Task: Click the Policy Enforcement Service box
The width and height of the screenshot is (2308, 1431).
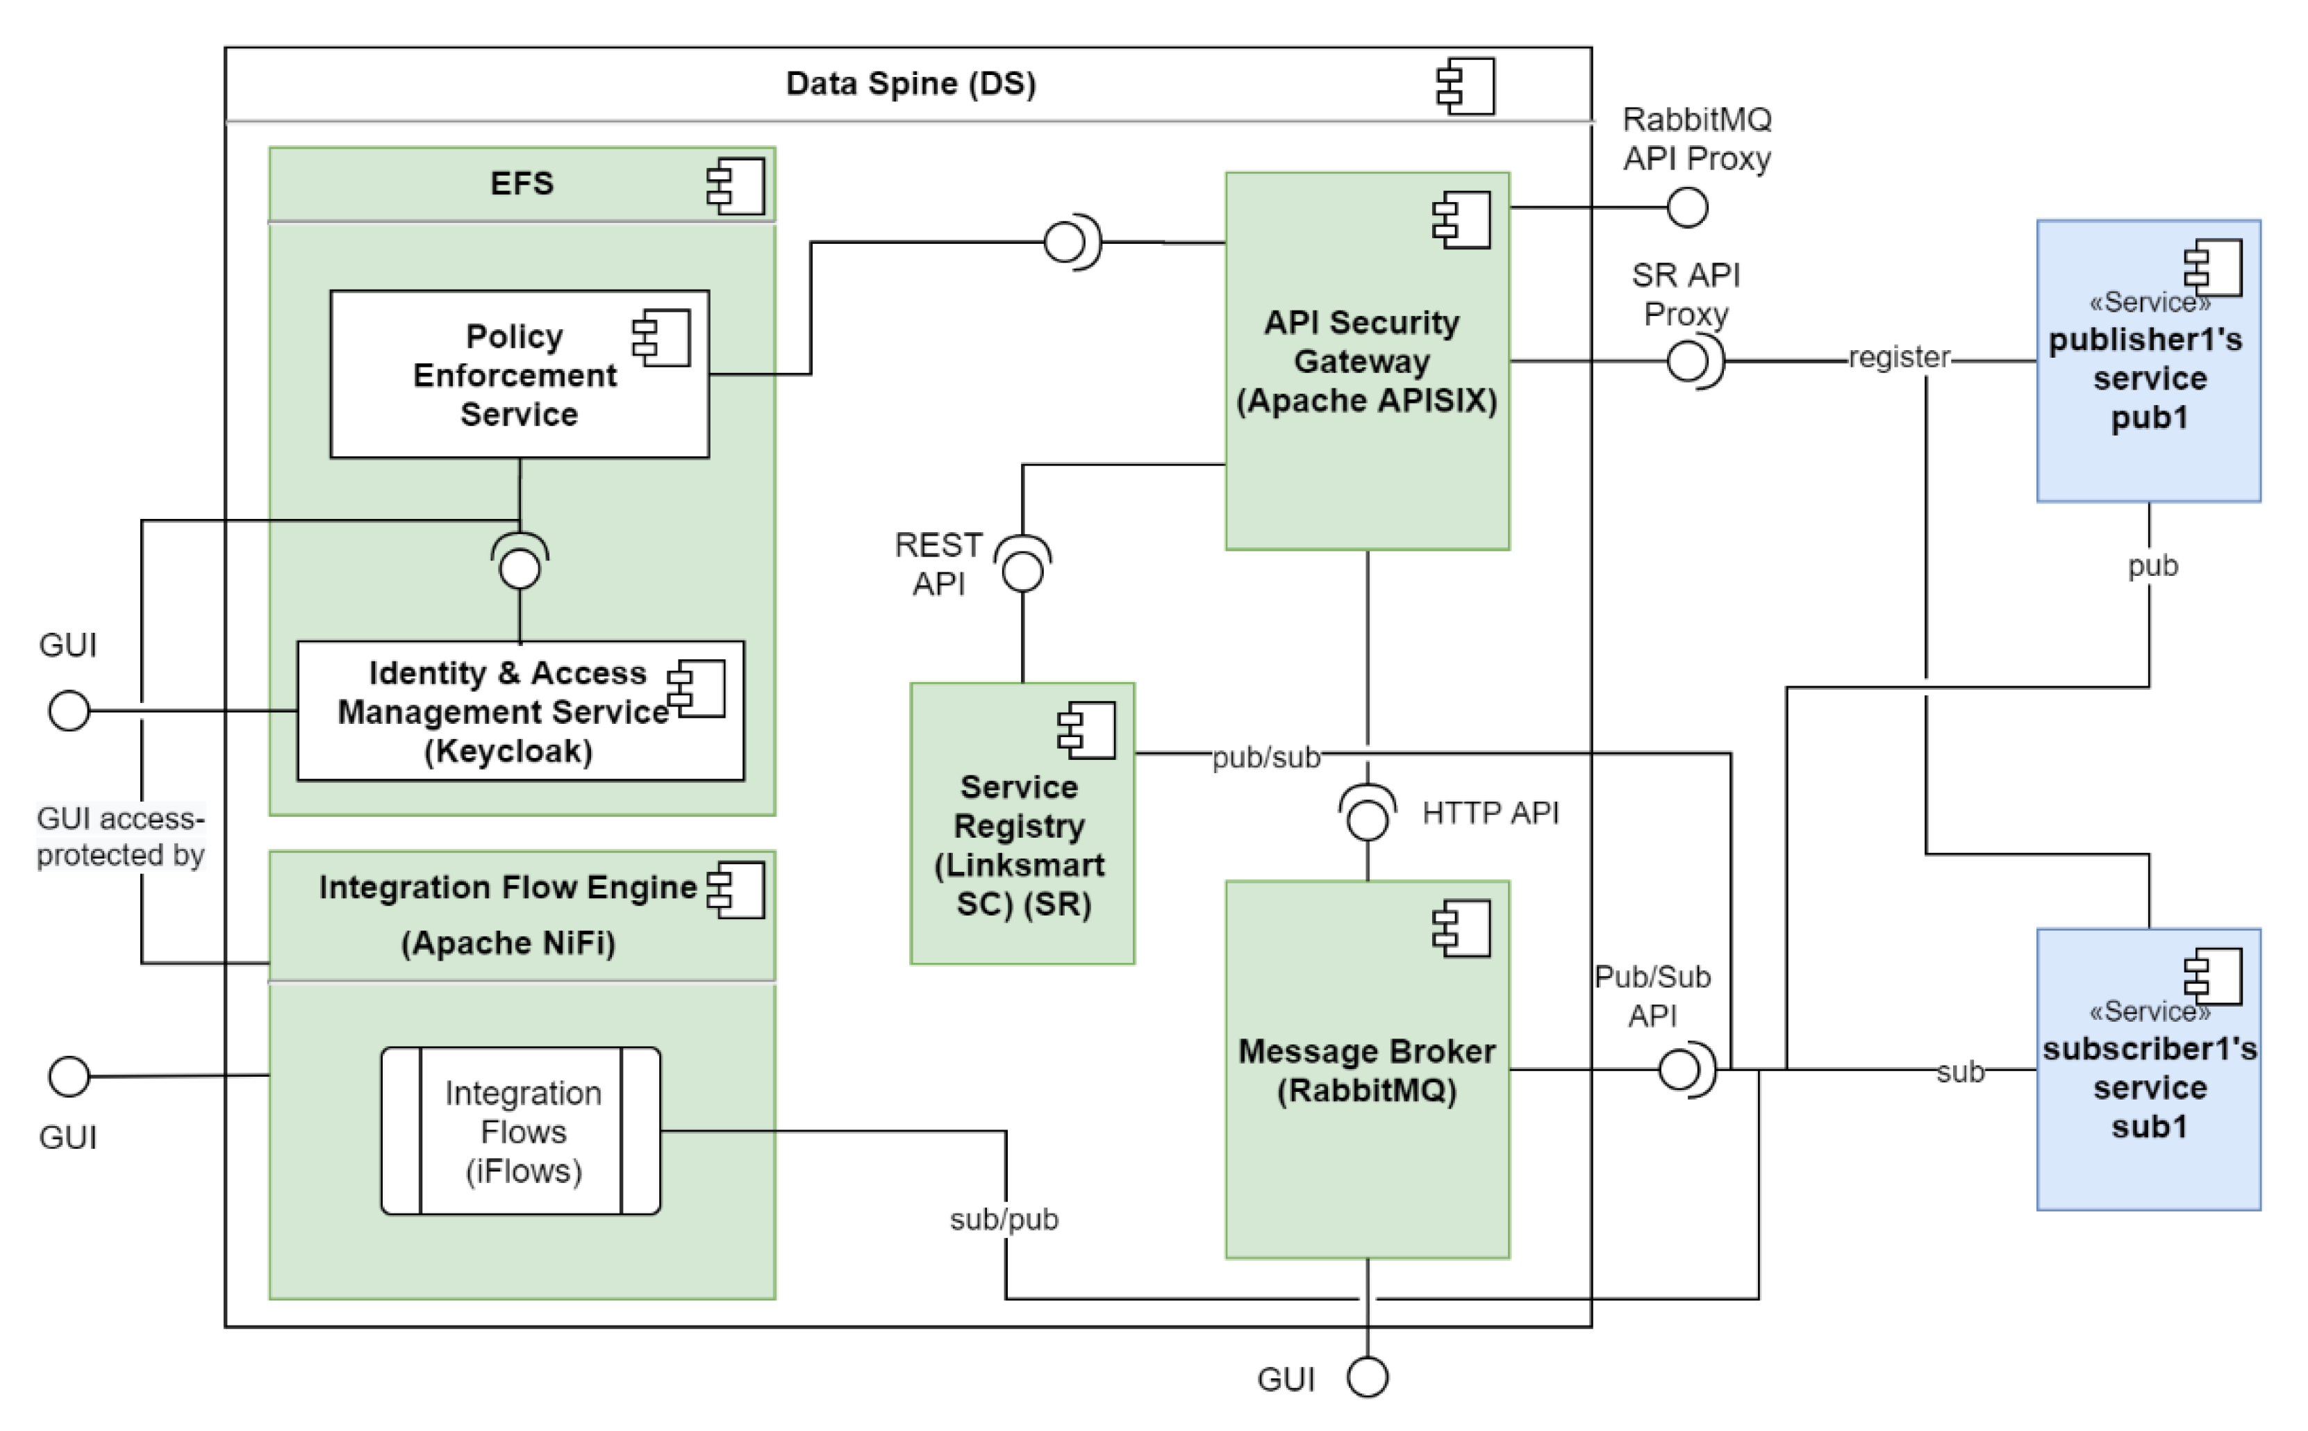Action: tap(519, 375)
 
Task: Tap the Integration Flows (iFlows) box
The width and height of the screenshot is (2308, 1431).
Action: tap(522, 1131)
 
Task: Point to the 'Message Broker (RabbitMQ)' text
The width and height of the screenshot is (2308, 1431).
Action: tap(1366, 1070)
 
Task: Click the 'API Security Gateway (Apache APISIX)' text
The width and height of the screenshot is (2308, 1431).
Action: tap(1366, 361)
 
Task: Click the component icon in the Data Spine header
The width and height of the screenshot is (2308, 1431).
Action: tap(1465, 86)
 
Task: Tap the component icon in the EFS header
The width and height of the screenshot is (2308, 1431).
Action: tap(736, 185)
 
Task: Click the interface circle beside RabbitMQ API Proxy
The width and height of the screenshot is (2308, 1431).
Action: tap(1686, 207)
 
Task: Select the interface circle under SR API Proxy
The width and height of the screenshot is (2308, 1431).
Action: tap(1686, 361)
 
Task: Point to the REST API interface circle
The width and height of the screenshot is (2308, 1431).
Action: tap(1022, 572)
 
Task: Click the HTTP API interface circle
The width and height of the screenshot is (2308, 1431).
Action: tap(1366, 819)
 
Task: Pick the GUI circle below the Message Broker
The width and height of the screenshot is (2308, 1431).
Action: tap(1366, 1377)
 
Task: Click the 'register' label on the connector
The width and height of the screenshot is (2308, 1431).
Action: tap(1898, 358)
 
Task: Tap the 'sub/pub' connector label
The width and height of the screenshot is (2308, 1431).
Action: tap(1003, 1220)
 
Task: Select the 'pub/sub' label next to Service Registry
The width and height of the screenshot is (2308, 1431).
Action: tap(1265, 758)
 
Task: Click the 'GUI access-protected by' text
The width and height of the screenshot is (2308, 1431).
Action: tap(120, 836)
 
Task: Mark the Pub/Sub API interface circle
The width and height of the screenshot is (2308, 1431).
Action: tap(1679, 1070)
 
